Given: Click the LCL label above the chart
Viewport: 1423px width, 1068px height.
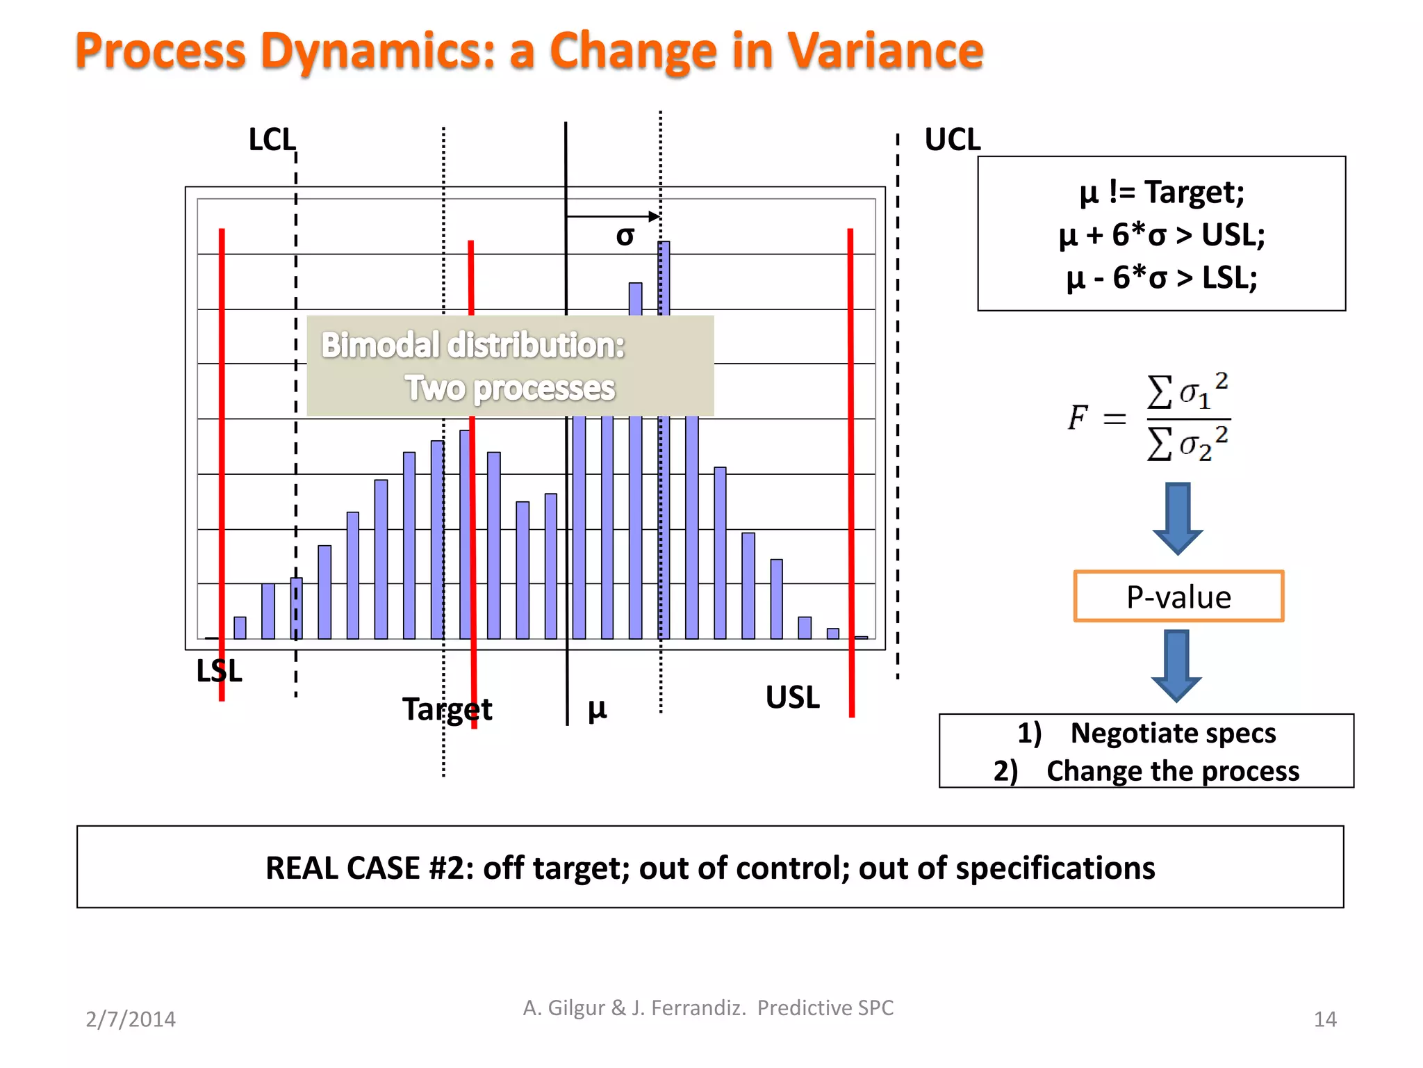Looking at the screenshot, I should [272, 140].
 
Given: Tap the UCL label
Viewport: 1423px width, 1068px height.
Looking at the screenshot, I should [952, 140].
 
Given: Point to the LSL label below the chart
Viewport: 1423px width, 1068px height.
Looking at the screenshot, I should [219, 671].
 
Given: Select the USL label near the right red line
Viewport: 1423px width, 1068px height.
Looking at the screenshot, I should [792, 697].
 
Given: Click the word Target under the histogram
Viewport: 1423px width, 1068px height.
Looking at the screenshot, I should [447, 709].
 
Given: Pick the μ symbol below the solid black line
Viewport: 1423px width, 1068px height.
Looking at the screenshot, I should [597, 709].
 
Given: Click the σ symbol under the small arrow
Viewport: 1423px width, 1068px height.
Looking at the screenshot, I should [625, 236].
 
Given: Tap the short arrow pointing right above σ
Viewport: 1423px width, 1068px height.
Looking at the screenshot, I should [612, 216].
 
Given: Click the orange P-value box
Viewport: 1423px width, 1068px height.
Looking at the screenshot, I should [1178, 597].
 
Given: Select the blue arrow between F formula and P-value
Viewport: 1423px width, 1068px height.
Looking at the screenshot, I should [1178, 518].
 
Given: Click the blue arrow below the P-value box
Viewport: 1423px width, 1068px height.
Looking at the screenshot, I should [1176, 665].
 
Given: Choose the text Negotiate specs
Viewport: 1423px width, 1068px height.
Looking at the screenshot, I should [1172, 733].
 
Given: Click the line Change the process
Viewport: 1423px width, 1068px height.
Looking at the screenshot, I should [1172, 771].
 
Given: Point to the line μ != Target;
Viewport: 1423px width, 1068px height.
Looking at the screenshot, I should [1161, 192].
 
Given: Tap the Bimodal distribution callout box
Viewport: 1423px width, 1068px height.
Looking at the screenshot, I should [510, 366].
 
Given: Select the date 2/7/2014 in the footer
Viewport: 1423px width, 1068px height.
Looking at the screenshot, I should [131, 1019].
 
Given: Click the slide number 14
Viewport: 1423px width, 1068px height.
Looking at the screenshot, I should [1324, 1019].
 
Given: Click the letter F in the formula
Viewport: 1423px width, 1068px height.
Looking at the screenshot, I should [1077, 417].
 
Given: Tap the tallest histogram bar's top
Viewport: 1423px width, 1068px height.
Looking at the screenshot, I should [664, 244].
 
